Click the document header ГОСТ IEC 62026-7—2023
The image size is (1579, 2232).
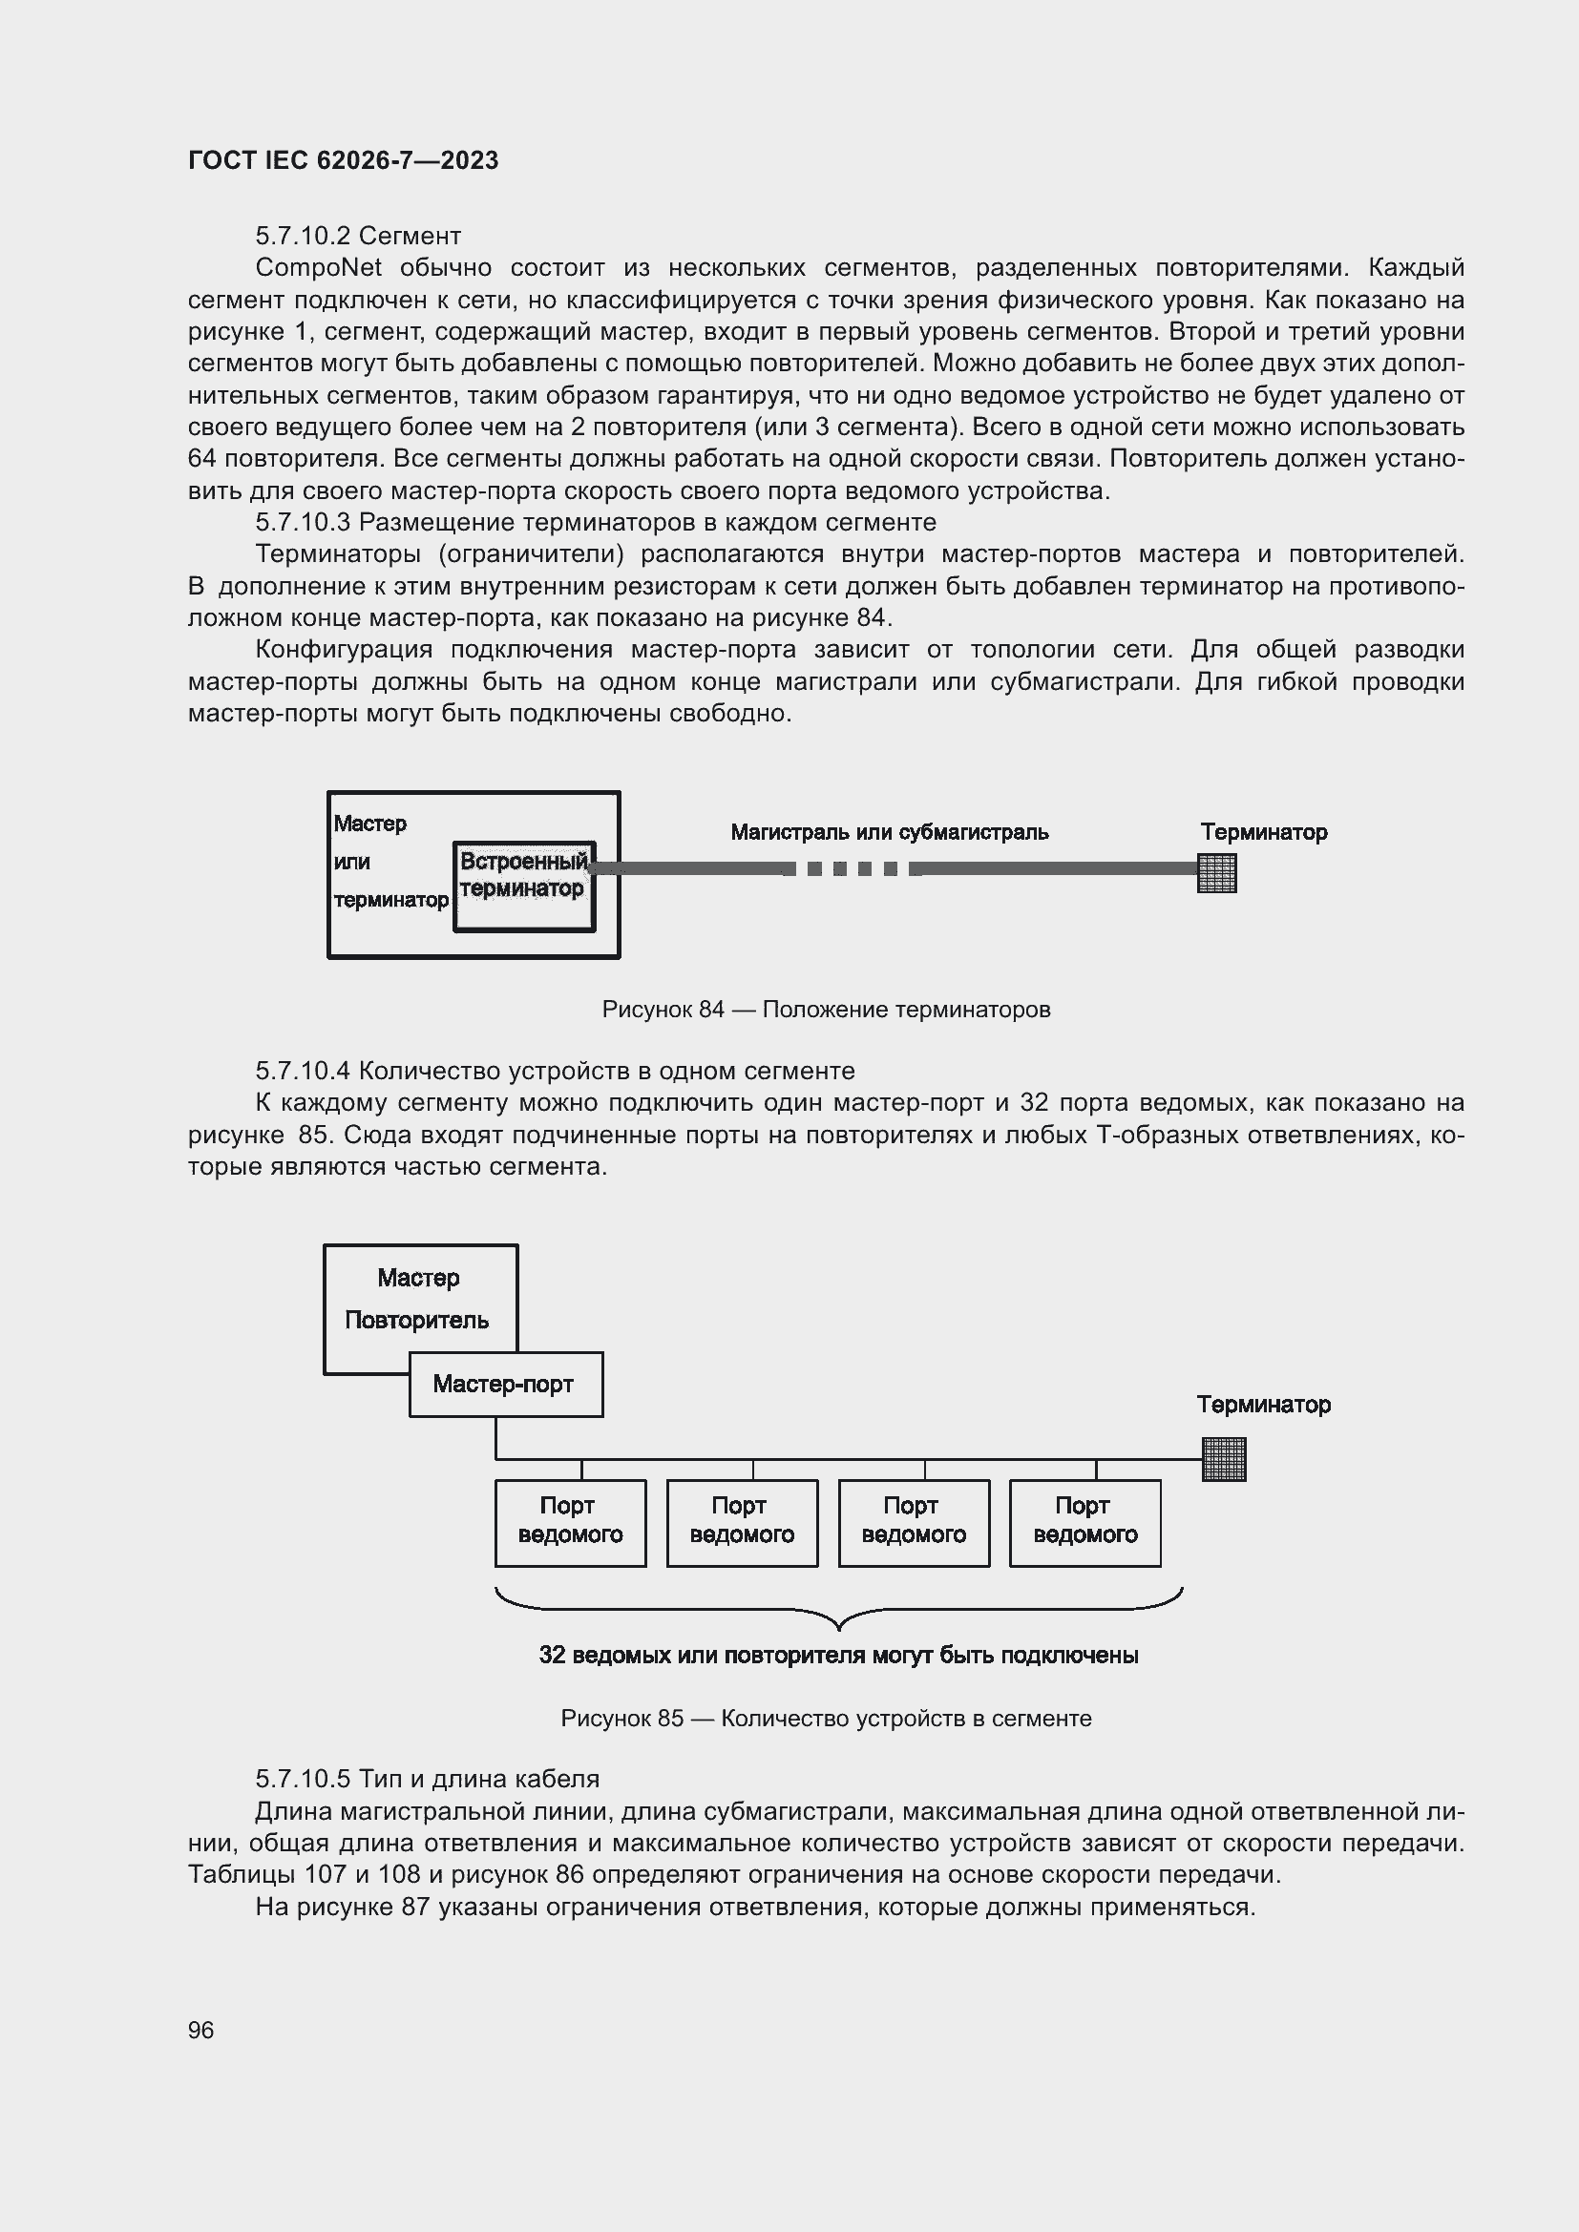click(343, 160)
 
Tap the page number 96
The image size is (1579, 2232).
click(200, 2030)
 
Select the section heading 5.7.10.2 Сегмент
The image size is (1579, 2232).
click(358, 236)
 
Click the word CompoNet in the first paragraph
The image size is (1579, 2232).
click(318, 267)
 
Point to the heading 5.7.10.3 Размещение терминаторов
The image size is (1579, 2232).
click(595, 522)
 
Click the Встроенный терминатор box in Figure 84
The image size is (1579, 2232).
click(524, 885)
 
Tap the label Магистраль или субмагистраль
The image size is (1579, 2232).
click(889, 832)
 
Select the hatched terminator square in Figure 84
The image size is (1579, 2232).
click(1216, 872)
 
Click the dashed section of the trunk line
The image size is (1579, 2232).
click(852, 869)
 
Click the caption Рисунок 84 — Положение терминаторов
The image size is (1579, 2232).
click(826, 1009)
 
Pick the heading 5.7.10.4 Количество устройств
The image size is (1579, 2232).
click(555, 1071)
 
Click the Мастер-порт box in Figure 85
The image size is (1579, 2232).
click(505, 1384)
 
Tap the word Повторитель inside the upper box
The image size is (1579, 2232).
click(416, 1320)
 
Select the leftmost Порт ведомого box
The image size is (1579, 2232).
click(570, 1522)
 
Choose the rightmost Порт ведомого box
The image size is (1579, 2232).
click(1085, 1522)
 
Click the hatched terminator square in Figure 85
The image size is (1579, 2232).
click(1223, 1459)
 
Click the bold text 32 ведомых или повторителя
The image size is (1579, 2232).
click(838, 1656)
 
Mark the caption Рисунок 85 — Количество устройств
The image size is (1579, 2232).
click(826, 1719)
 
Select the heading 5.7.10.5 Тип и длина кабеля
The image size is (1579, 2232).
click(427, 1779)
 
